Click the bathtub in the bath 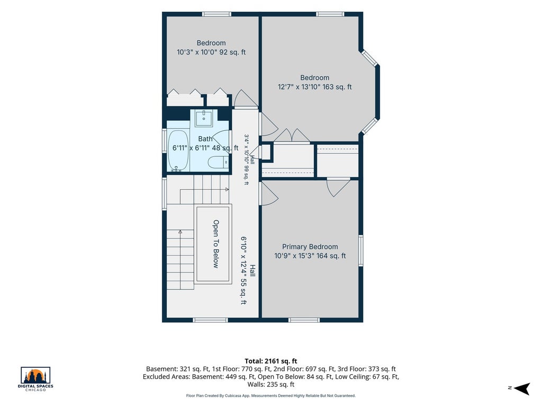[178, 151]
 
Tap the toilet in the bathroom [219, 162]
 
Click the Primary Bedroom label [310, 247]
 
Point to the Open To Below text [216, 244]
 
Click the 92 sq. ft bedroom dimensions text [211, 52]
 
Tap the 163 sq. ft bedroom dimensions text [314, 87]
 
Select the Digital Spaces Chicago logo [35, 379]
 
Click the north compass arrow [522, 388]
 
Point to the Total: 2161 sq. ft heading [271, 361]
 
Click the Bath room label [205, 139]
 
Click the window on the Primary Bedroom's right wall [361, 250]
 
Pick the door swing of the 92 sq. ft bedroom [246, 98]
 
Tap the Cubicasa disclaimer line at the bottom [270, 395]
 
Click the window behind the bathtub [165, 140]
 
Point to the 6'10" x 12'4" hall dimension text [243, 270]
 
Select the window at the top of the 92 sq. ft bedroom [216, 14]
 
